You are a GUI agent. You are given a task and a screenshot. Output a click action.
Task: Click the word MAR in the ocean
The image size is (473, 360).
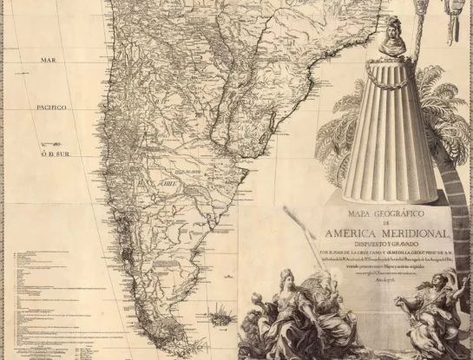pos(48,60)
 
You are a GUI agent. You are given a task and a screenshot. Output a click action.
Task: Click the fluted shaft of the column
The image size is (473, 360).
pos(395,130)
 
